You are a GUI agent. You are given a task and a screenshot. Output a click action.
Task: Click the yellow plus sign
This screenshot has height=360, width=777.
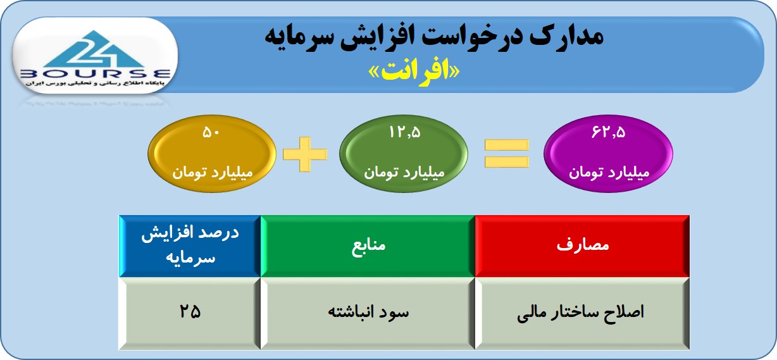click(x=305, y=154)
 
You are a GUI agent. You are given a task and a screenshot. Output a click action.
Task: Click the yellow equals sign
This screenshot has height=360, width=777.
click(x=507, y=153)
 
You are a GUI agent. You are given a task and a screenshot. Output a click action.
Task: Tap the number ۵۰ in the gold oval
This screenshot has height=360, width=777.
click(x=211, y=132)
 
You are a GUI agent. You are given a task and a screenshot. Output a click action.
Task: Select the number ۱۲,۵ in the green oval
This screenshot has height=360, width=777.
click(x=404, y=132)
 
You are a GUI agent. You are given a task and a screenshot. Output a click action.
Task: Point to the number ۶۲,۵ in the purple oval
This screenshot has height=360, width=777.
click(x=609, y=132)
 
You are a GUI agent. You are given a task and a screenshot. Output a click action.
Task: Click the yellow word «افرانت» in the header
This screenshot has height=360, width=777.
click(x=414, y=72)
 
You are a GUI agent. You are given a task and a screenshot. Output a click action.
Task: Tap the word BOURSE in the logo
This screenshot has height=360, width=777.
click(x=96, y=74)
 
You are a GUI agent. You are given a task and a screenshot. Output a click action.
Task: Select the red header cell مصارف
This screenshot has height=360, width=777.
click(x=582, y=246)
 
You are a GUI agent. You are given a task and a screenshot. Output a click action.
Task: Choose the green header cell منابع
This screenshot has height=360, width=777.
click(x=368, y=246)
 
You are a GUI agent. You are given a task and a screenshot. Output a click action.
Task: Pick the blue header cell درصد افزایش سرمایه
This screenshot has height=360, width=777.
click(x=190, y=246)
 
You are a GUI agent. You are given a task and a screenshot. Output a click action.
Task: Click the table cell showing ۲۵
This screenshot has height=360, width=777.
click(x=190, y=313)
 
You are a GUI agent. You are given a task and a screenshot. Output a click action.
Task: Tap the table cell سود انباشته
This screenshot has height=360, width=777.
click(x=368, y=313)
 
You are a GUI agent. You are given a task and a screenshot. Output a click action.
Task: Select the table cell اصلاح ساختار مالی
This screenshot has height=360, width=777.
click(x=582, y=313)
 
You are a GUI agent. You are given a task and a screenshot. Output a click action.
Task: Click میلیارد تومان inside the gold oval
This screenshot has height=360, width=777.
click(x=213, y=172)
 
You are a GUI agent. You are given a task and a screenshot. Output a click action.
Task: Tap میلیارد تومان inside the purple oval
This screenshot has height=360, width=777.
click(x=609, y=172)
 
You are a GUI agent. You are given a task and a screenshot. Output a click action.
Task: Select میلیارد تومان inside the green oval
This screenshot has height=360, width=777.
click(x=404, y=172)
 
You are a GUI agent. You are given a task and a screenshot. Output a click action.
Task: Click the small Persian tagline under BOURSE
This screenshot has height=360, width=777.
click(x=96, y=84)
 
